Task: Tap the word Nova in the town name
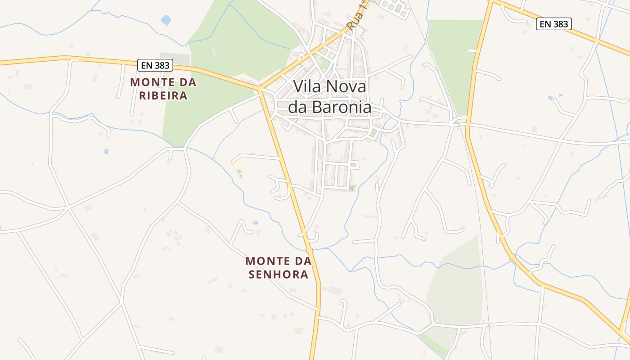pyautogui.click(x=346, y=86)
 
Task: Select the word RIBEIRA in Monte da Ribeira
pyautogui.click(x=163, y=96)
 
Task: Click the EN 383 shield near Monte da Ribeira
pyautogui.click(x=156, y=65)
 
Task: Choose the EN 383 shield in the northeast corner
pyautogui.click(x=553, y=24)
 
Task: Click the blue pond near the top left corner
pyautogui.click(x=166, y=20)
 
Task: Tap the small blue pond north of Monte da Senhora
pyautogui.click(x=256, y=223)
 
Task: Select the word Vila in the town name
pyautogui.click(x=308, y=86)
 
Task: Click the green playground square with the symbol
pyautogui.click(x=352, y=188)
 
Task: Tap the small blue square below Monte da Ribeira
pyautogui.click(x=106, y=152)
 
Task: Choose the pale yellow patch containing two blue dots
pyautogui.click(x=238, y=167)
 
